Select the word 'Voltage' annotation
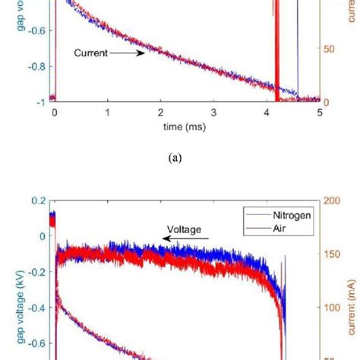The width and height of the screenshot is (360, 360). coord(186,226)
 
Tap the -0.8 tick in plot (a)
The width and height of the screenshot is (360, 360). coord(36,66)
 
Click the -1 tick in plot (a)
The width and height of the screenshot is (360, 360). coord(39,101)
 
